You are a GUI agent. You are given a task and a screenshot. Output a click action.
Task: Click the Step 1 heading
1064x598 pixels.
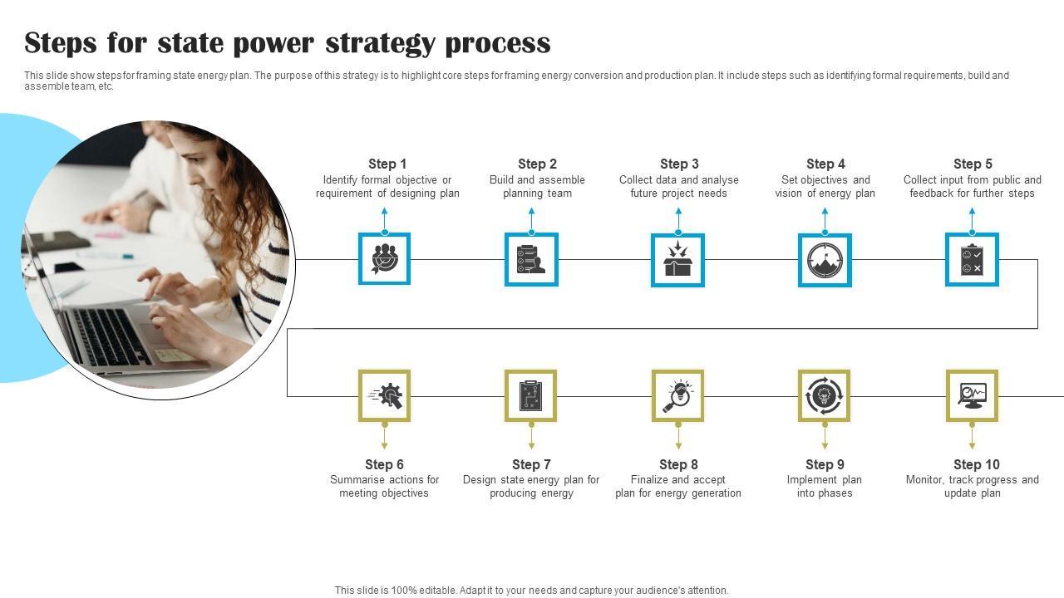tap(387, 164)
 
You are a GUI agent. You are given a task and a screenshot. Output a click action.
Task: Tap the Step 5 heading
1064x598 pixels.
tap(973, 164)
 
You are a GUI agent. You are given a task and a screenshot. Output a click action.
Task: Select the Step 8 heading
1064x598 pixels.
tap(678, 464)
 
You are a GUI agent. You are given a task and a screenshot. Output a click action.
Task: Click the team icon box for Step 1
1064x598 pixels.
tap(384, 259)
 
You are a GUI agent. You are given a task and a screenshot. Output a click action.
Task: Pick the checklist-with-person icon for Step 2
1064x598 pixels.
tap(531, 259)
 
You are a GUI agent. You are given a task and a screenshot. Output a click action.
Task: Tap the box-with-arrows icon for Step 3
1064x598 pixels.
tap(678, 259)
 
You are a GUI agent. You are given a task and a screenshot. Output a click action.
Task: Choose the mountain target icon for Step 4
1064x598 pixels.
tap(825, 259)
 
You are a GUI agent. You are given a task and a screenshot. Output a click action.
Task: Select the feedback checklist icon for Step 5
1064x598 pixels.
tap(972, 259)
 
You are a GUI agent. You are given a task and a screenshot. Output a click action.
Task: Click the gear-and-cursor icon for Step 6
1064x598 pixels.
tap(384, 395)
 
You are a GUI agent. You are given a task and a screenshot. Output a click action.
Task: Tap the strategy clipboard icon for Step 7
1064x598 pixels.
tap(531, 395)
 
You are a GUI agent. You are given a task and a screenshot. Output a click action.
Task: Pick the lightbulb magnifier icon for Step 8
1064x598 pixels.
tap(678, 395)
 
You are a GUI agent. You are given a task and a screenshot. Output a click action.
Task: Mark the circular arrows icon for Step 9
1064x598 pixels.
tap(825, 395)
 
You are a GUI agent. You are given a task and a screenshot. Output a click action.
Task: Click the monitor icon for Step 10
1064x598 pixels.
tap(972, 395)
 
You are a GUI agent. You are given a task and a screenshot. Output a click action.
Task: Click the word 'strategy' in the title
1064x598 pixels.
tap(379, 43)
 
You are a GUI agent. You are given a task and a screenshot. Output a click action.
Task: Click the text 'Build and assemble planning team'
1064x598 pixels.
tap(537, 187)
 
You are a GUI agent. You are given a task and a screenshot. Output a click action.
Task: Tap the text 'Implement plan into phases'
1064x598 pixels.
tap(825, 487)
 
